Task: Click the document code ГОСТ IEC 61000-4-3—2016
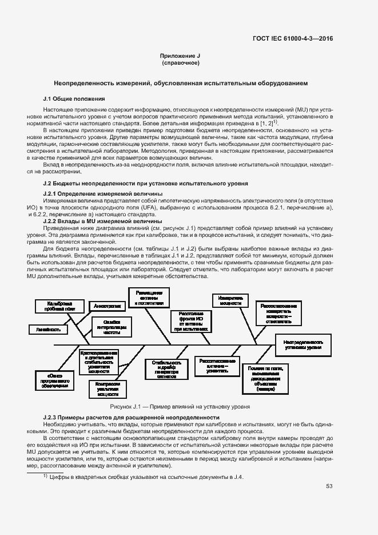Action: click(x=293, y=38)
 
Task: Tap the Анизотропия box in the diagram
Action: click(x=107, y=306)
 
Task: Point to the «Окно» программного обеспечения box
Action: click(x=55, y=380)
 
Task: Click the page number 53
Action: click(x=329, y=486)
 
